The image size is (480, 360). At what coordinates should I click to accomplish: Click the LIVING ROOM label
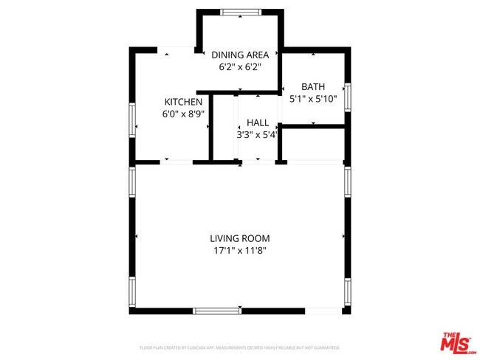click(239, 238)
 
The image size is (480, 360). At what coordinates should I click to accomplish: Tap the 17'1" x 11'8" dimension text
click(239, 250)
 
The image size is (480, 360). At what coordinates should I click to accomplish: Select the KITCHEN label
click(183, 102)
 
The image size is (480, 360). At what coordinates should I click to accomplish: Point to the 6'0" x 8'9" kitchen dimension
click(183, 114)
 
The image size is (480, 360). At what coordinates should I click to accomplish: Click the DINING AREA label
click(240, 55)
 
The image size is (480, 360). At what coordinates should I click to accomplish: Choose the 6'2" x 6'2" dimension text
click(240, 66)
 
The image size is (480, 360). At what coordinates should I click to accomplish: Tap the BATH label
click(312, 86)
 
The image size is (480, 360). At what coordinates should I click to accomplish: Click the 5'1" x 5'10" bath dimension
click(312, 98)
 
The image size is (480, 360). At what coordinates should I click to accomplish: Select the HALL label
click(258, 123)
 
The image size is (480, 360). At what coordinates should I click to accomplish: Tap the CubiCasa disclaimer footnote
click(240, 347)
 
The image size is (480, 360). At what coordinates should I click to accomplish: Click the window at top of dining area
click(241, 12)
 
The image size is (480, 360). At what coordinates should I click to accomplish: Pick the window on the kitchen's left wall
click(133, 120)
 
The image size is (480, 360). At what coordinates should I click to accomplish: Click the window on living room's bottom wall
click(216, 311)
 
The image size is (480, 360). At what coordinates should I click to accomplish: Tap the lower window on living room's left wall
click(133, 291)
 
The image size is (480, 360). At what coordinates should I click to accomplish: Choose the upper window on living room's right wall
click(347, 180)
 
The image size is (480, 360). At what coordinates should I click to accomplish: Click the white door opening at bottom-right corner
click(324, 311)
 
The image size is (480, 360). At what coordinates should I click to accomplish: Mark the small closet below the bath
click(314, 144)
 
